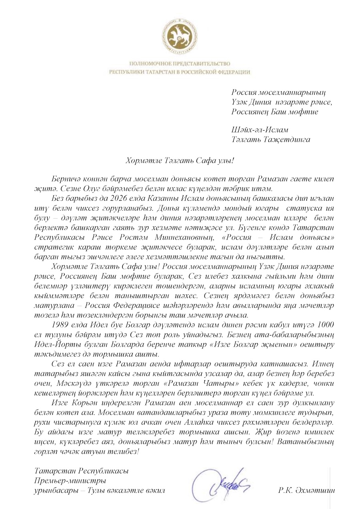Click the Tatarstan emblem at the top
[180, 35]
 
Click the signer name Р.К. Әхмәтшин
[306, 490]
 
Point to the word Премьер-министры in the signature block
[70, 481]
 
